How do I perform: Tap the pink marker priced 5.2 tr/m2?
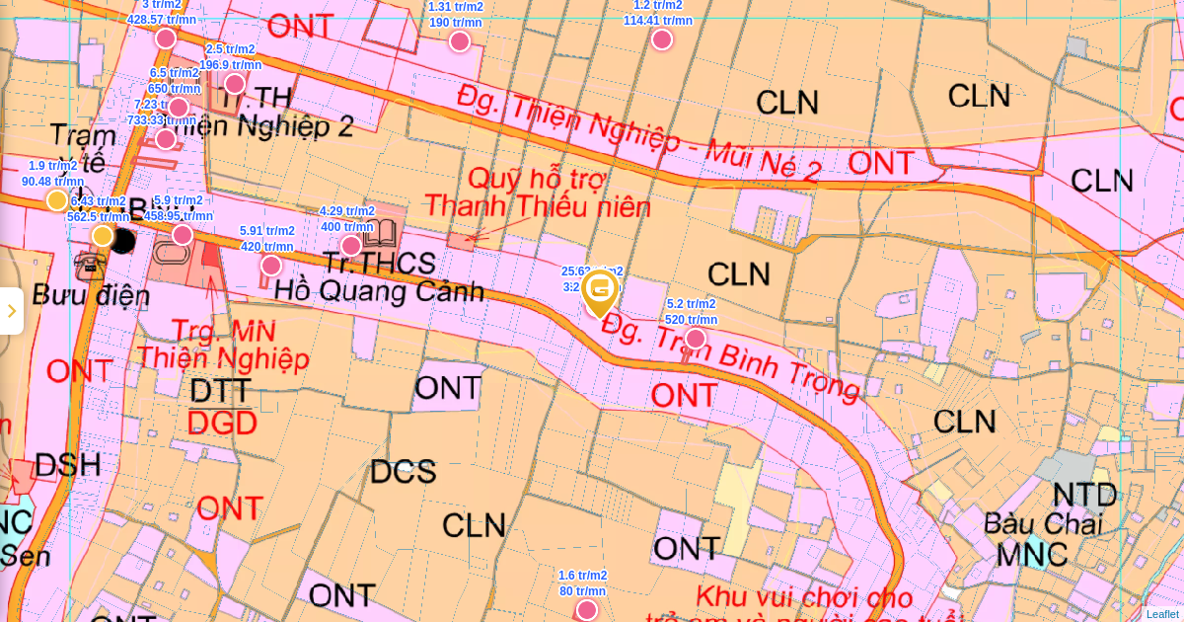pos(696,339)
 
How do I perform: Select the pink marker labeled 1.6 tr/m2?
pos(587,610)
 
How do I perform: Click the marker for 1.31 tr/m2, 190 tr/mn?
pos(460,41)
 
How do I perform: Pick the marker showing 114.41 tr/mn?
pos(662,39)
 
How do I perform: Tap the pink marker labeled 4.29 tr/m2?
pos(351,246)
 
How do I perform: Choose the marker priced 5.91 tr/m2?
pos(271,266)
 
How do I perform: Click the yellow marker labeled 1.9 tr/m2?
pos(57,200)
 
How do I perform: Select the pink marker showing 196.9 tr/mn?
pos(235,84)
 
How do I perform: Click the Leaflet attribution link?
pos(1161,614)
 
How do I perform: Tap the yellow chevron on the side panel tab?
pos(12,311)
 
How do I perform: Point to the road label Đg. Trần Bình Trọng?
pos(730,356)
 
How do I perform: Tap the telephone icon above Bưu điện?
pos(90,264)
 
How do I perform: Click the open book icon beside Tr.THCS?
pos(380,234)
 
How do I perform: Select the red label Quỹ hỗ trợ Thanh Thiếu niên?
pos(538,194)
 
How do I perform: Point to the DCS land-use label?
pos(403,472)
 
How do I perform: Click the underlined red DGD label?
pos(222,424)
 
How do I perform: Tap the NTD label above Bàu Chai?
pos(1084,495)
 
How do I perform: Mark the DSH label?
pos(68,465)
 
